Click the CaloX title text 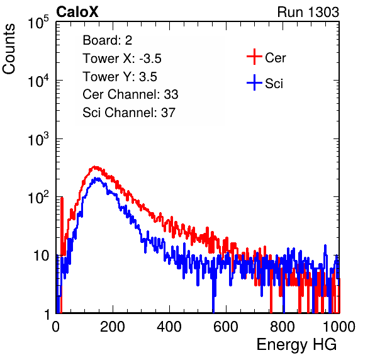(77, 12)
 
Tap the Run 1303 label (308, 12)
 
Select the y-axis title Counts (9, 48)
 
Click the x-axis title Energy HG (296, 344)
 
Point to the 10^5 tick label (38, 22)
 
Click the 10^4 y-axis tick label (38, 81)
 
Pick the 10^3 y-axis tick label (38, 138)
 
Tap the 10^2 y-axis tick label (38, 198)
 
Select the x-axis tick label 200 (113, 327)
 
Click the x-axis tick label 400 (169, 327)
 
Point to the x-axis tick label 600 (226, 327)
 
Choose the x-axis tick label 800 (283, 327)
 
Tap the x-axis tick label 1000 (339, 327)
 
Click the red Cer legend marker (254, 57)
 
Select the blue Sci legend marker (254, 83)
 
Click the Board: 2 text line (108, 40)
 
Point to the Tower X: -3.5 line (122, 59)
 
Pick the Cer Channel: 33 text (130, 94)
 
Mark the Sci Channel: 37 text (129, 113)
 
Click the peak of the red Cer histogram (95, 167)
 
